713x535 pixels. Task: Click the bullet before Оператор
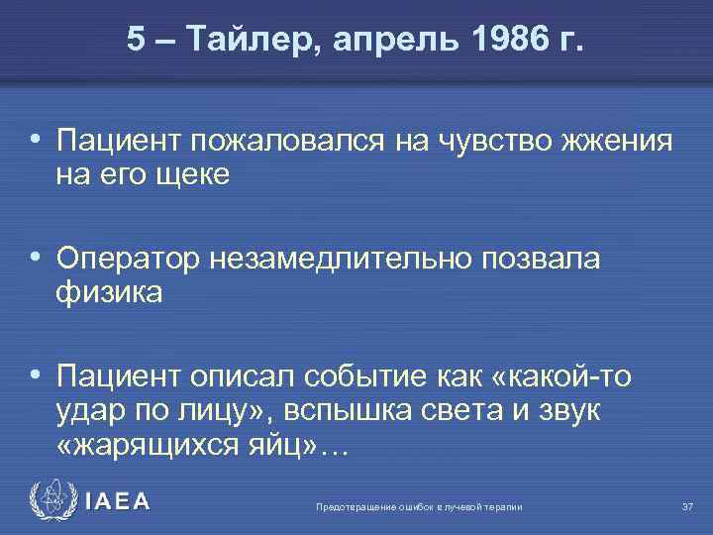point(37,259)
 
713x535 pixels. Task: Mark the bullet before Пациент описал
point(37,376)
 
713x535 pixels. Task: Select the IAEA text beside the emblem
point(119,502)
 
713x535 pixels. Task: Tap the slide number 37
point(687,507)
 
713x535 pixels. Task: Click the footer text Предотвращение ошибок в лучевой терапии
point(418,507)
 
